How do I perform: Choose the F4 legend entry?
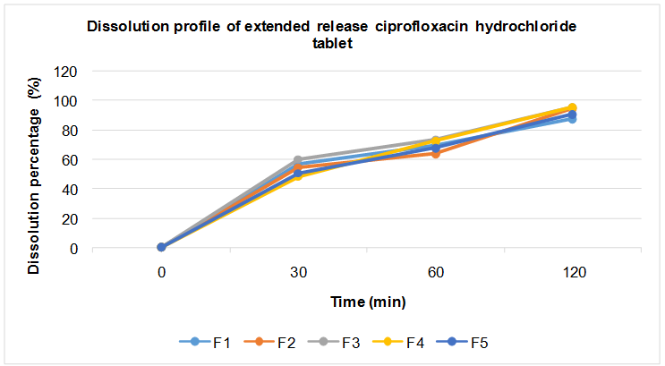click(x=404, y=342)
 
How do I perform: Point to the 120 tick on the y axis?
click(x=66, y=72)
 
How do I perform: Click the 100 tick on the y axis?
click(x=66, y=101)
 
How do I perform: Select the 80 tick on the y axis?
click(x=70, y=131)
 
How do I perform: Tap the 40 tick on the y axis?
click(x=70, y=190)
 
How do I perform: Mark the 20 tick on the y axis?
click(x=70, y=219)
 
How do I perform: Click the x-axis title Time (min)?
click(x=367, y=302)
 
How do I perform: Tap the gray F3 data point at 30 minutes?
click(x=298, y=160)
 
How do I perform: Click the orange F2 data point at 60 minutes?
click(x=436, y=154)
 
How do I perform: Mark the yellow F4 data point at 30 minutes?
click(x=298, y=176)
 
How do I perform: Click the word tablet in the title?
click(x=330, y=42)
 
